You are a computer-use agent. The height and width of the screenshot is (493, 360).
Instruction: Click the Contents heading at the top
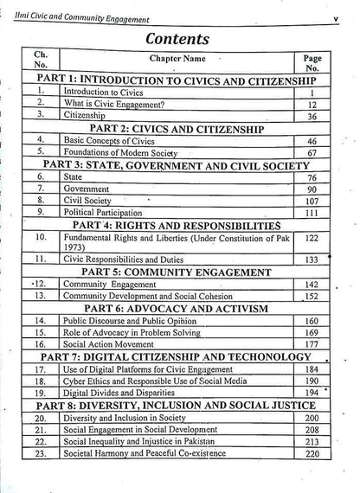pos(181,39)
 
